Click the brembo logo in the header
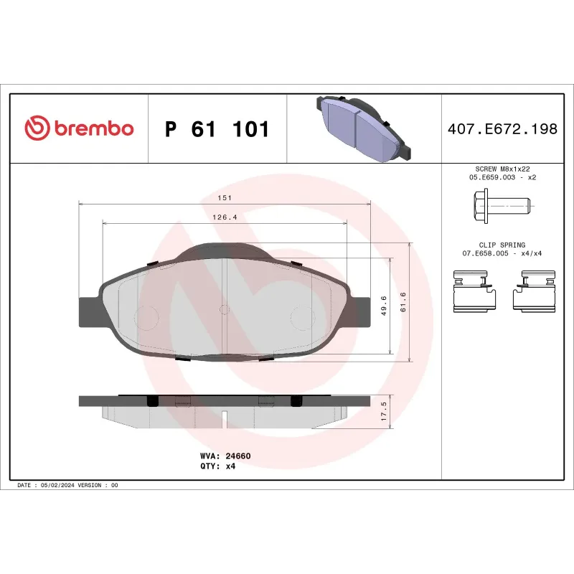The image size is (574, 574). (79, 128)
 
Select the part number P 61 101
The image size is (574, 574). (217, 129)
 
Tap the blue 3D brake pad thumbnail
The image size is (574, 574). (363, 128)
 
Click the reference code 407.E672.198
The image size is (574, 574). (502, 129)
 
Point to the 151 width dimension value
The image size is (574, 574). (225, 197)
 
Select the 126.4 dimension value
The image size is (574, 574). (225, 217)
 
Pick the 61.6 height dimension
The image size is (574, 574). (403, 301)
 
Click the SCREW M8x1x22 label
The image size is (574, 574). (502, 168)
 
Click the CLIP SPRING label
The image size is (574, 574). (502, 245)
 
